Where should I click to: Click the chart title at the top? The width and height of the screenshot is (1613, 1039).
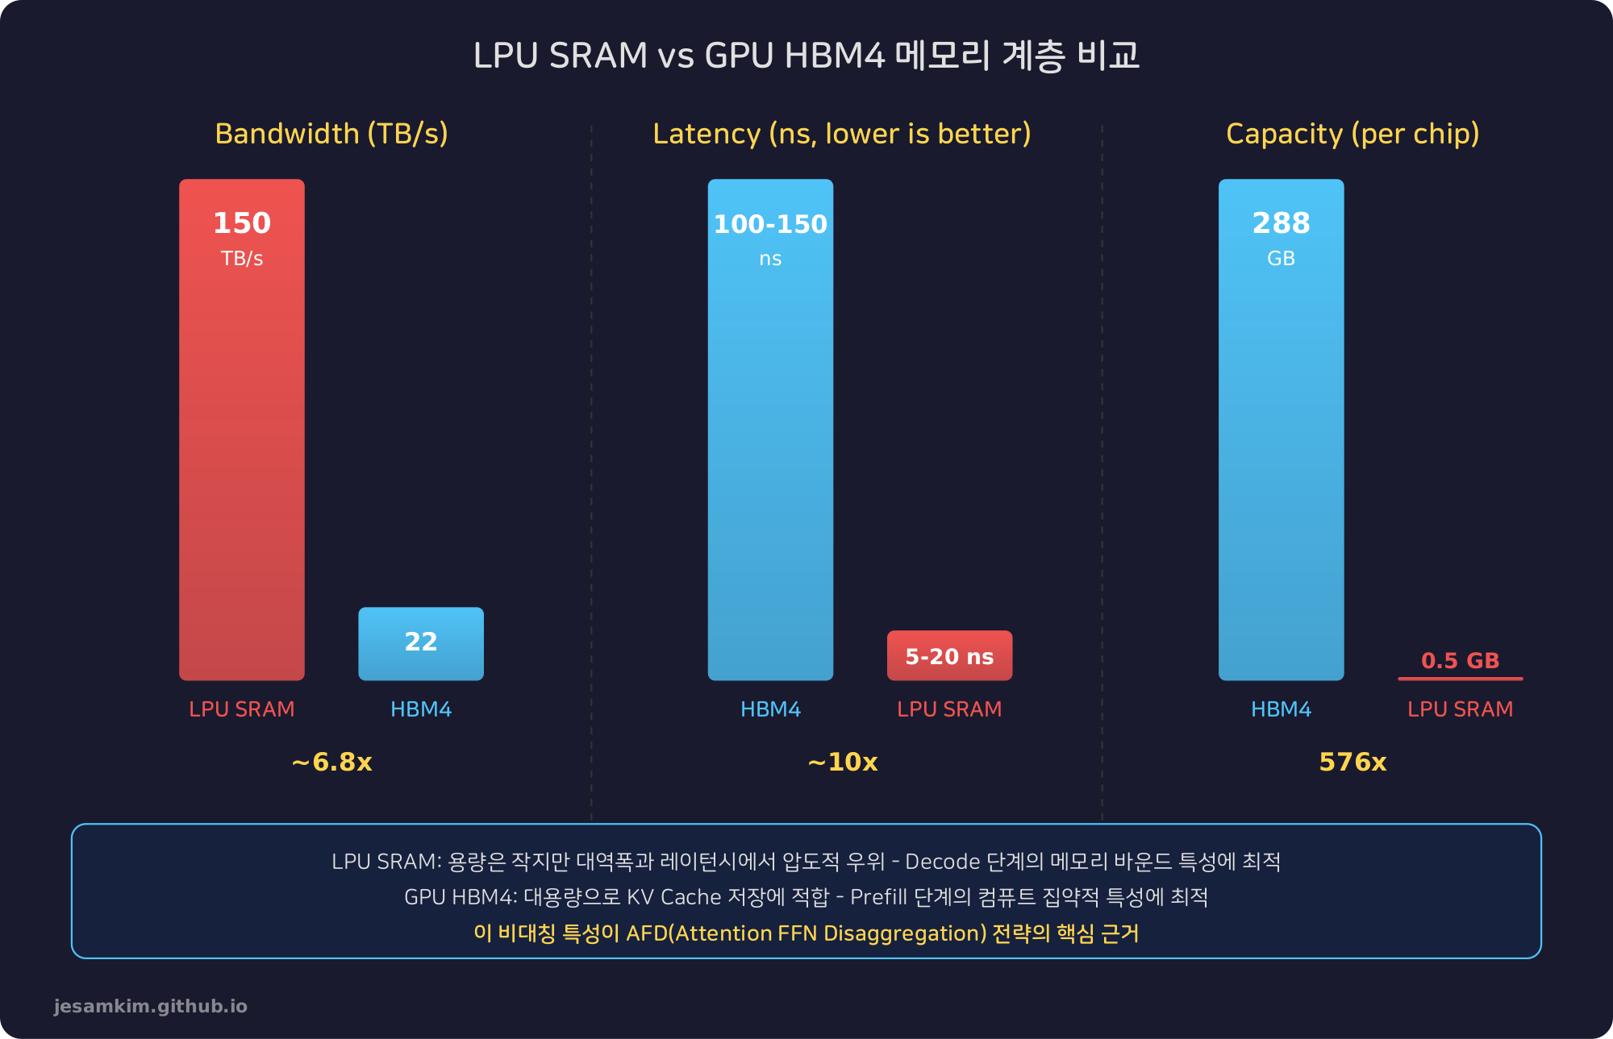pos(806,55)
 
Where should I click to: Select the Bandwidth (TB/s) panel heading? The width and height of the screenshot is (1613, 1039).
pos(331,134)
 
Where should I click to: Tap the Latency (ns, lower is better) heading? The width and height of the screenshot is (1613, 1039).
pos(842,134)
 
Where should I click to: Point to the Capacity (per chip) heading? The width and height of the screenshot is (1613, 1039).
pos(1353,134)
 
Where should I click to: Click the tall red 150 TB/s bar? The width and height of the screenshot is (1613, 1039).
pos(242,451)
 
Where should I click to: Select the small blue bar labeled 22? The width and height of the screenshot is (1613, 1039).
pos(421,643)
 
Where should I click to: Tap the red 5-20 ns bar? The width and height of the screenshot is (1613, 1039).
pos(949,656)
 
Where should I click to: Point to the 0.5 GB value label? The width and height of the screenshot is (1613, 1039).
pos(1460,661)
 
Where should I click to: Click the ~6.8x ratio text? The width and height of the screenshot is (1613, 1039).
pos(331,762)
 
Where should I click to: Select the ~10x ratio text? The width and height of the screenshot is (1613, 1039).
pos(842,762)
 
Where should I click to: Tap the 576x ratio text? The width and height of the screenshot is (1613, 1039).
pos(1353,762)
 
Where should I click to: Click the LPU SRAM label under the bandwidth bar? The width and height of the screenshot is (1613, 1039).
pos(242,709)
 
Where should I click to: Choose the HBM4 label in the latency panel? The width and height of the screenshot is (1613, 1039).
pos(770,709)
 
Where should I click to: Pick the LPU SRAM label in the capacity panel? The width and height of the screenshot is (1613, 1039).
pos(1460,709)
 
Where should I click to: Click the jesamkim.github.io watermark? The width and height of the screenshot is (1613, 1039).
pos(151,1006)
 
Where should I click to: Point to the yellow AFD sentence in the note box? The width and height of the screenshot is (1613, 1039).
pos(806,933)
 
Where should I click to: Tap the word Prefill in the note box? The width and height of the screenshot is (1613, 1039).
pos(878,897)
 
